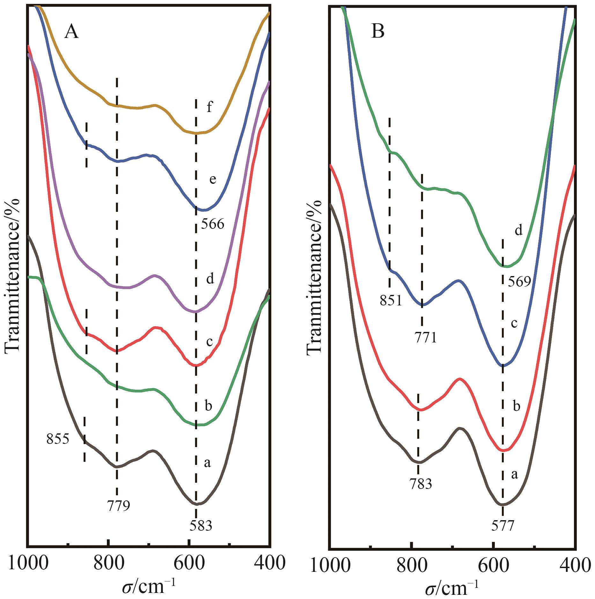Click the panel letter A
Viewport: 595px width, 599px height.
(71, 32)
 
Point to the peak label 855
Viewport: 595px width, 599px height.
(58, 439)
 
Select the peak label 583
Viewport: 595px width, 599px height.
(201, 526)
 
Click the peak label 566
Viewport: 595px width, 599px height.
(212, 225)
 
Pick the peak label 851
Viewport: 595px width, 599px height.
(391, 300)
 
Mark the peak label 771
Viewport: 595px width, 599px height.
(426, 338)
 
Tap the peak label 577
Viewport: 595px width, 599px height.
(503, 526)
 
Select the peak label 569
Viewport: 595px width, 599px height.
(519, 282)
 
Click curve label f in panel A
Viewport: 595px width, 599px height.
(209, 107)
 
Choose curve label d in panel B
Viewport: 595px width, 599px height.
(519, 230)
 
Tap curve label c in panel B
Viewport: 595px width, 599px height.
(514, 323)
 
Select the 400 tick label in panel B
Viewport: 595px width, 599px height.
(574, 565)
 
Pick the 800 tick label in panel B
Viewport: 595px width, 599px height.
(412, 565)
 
